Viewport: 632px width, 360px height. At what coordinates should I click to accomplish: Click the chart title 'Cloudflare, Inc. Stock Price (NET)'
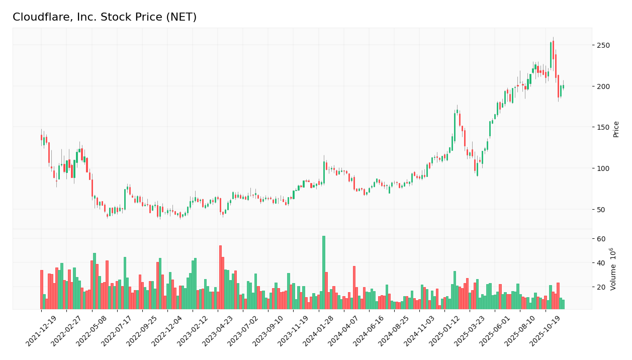(105, 18)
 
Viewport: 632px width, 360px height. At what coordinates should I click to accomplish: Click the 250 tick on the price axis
(603, 45)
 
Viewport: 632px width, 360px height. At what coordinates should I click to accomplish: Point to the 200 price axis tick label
(603, 86)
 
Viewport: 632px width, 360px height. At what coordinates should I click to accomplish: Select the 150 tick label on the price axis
(603, 127)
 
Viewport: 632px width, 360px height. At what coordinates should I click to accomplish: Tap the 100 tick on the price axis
(603, 168)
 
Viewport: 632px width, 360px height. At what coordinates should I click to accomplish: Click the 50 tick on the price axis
(601, 209)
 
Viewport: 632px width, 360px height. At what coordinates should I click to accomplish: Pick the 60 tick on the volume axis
(601, 239)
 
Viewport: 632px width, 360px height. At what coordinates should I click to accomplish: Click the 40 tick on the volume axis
(601, 263)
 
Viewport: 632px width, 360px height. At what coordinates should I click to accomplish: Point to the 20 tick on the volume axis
(601, 287)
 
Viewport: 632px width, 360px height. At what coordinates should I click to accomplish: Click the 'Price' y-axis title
(616, 129)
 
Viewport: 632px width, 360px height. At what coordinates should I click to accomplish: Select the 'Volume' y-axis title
(613, 269)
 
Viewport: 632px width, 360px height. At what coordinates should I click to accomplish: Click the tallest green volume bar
(324, 273)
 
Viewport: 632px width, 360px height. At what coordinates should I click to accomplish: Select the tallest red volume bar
(220, 277)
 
